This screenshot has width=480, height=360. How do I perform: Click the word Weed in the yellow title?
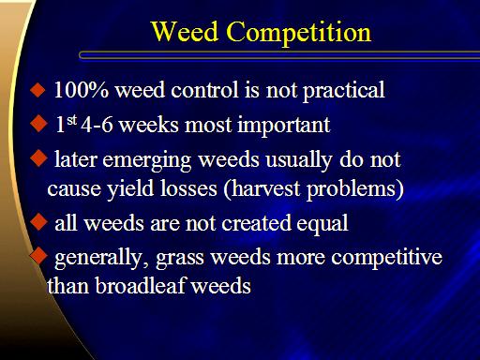tap(185, 32)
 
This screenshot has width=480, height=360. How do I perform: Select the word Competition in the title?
tap(299, 33)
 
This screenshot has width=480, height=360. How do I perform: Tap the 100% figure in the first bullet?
tap(82, 90)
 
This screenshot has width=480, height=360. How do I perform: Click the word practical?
tap(344, 91)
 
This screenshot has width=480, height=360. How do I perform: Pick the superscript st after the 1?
tap(72, 120)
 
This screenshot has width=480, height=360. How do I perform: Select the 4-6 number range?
tap(97, 125)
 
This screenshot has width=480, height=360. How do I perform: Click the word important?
tap(284, 126)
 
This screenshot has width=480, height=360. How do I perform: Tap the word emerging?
tap(147, 161)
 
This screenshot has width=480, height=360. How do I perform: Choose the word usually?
tap(299, 161)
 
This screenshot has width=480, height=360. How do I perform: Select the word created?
tap(256, 223)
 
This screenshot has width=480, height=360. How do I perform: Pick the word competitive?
tap(387, 259)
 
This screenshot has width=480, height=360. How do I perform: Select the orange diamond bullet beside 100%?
tap(37, 90)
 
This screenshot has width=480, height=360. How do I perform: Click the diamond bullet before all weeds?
tap(38, 221)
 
